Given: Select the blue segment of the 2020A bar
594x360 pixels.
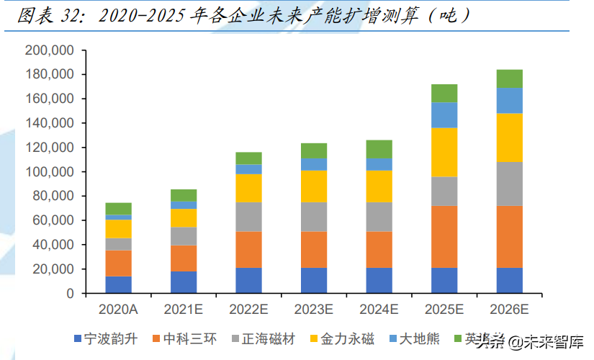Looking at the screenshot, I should coord(118,284).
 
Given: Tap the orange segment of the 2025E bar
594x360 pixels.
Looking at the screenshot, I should coord(444,236).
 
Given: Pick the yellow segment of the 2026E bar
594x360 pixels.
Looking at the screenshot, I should coord(510,138).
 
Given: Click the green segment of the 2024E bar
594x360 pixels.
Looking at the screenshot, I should coord(379,149).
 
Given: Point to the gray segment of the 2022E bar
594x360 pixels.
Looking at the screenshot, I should coord(248,217).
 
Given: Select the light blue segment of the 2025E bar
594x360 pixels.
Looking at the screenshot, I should coord(444,114).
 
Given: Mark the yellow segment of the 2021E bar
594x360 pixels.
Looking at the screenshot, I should coord(184,217).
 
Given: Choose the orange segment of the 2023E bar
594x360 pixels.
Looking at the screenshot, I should coord(314,249).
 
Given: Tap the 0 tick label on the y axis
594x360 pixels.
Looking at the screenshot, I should coord(70,294).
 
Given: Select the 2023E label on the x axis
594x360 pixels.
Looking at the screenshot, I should coord(314,310).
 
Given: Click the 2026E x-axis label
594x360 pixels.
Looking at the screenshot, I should coord(510,310).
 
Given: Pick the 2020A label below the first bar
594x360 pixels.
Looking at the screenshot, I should coord(118,310).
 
